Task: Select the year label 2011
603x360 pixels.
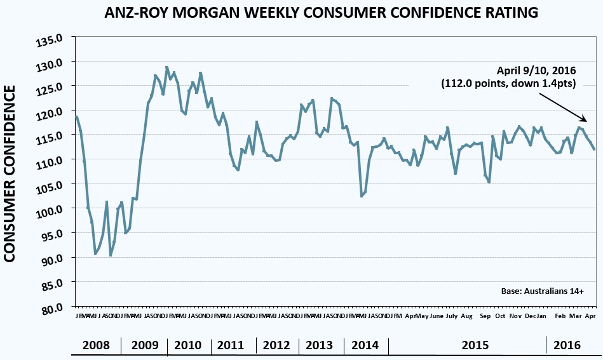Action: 231,346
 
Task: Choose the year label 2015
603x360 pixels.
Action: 475,346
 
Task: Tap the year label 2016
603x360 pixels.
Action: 567,346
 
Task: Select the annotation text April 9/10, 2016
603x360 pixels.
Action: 535,71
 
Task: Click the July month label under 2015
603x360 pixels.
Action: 451,316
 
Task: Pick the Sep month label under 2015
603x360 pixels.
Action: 485,316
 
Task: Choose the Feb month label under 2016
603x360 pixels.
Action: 560,316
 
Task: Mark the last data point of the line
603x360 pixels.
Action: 594,149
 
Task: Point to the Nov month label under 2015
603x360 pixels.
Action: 515,316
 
